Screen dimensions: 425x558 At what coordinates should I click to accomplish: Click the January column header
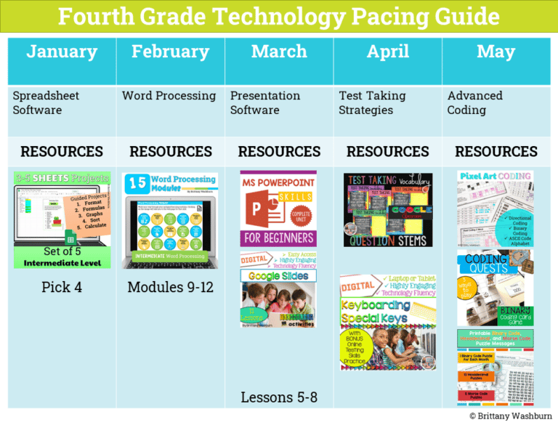click(x=62, y=52)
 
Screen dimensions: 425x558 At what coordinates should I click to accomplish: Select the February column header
click(x=170, y=52)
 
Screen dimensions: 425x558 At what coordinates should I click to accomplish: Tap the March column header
click(x=279, y=52)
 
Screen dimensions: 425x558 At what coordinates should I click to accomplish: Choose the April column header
click(x=387, y=52)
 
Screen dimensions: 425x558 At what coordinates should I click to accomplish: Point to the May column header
click(x=496, y=52)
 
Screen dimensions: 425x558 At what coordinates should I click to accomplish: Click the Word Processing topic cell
click(x=169, y=96)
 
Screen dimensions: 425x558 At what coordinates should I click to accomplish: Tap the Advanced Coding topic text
click(x=474, y=103)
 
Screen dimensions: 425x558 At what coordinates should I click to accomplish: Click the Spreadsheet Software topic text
click(x=46, y=103)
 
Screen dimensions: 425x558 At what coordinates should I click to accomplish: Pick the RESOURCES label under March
click(x=279, y=152)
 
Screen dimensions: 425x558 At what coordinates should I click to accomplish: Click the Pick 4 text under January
click(x=62, y=287)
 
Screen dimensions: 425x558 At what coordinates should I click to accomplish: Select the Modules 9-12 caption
click(x=170, y=287)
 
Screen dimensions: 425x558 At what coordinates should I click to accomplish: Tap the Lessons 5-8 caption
click(x=279, y=397)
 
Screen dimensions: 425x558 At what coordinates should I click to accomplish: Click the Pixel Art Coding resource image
click(x=495, y=209)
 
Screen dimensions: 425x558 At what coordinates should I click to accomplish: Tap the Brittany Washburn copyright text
click(x=510, y=416)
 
